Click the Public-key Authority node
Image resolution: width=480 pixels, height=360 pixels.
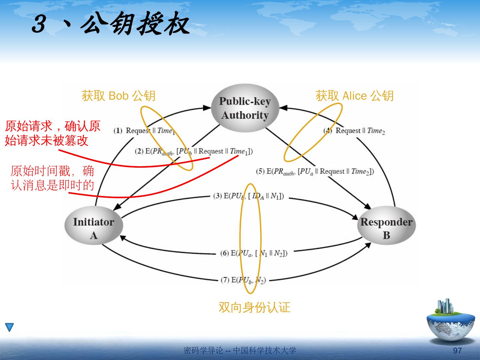(245, 108)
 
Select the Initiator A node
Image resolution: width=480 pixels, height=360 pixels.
(94, 228)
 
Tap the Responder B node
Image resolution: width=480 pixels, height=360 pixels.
(386, 228)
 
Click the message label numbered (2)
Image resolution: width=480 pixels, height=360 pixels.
(194, 152)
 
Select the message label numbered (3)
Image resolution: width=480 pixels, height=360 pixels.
(248, 196)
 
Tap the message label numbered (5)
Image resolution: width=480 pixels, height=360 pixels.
(315, 172)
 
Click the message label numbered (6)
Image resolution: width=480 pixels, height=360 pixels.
(254, 253)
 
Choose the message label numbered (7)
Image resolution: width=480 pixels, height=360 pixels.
(243, 280)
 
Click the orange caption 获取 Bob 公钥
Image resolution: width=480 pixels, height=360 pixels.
(118, 96)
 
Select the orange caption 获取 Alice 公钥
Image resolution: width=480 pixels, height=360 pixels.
(354, 96)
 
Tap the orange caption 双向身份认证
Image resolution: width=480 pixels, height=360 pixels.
(254, 307)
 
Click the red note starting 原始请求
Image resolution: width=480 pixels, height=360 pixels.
(52, 133)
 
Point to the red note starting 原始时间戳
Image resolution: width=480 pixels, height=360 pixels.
(52, 178)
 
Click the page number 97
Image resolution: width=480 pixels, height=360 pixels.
(457, 351)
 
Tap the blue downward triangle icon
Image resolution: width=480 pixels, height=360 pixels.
(9, 327)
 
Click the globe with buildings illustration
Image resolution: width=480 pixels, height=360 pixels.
(451, 322)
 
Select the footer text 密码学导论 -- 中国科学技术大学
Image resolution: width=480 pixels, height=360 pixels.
(240, 351)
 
